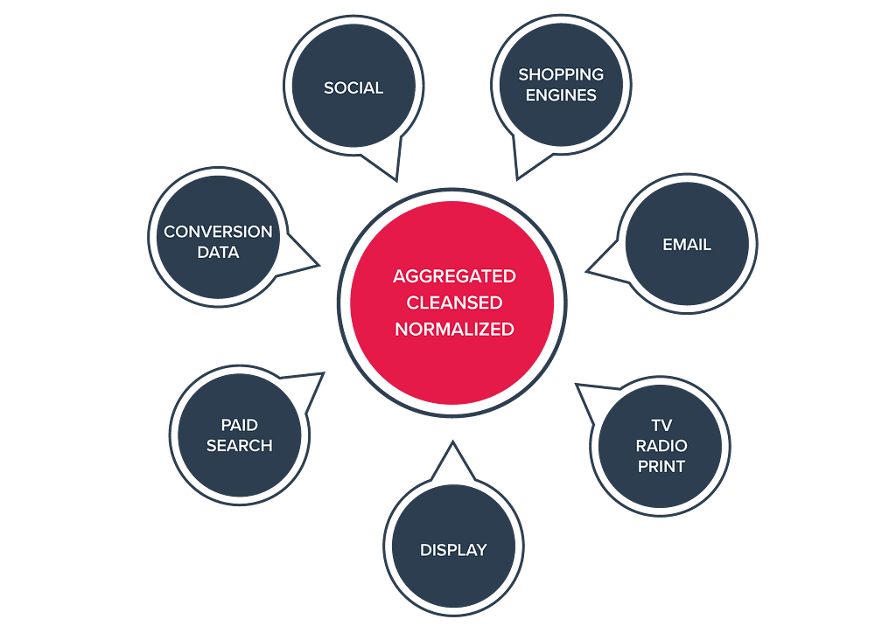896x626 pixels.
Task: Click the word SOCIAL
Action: point(353,87)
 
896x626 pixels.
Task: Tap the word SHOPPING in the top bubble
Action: point(561,75)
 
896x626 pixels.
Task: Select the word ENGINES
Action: point(561,95)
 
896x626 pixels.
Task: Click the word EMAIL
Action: point(687,245)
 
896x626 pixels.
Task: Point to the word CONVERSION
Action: point(218,232)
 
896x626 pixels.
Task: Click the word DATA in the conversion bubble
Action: point(218,252)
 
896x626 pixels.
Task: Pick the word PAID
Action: point(239,425)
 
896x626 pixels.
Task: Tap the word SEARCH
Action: point(239,445)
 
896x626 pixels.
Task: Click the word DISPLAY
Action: point(453,550)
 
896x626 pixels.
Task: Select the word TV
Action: point(661,426)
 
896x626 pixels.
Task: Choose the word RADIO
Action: point(661,446)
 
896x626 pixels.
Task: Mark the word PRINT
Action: point(661,466)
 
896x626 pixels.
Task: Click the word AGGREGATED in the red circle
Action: point(454,276)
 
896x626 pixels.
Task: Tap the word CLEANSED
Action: point(454,303)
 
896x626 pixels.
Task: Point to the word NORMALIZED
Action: point(454,330)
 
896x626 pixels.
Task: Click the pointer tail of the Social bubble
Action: point(386,161)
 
